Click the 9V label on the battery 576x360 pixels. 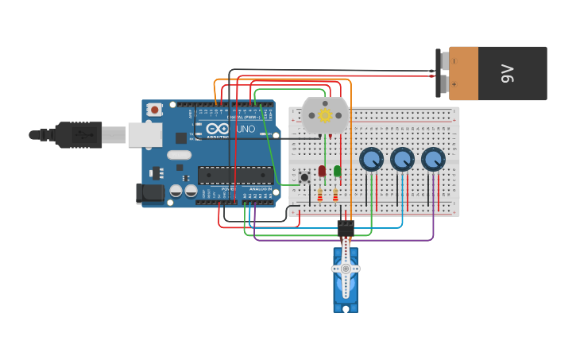click(508, 73)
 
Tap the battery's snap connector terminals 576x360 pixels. click(439, 72)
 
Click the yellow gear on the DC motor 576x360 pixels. click(325, 115)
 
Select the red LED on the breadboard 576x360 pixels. click(322, 171)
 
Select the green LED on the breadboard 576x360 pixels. click(338, 171)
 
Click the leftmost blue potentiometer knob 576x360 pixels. click(371, 159)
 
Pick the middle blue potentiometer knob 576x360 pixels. click(402, 159)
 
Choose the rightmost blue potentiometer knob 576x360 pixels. click(433, 159)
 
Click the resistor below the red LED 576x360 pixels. click(320, 194)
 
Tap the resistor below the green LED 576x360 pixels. click(335, 194)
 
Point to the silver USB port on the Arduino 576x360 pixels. click(145, 135)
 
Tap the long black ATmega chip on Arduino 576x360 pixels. click(235, 175)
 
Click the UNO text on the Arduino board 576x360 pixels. click(245, 129)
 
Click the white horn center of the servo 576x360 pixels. click(346, 269)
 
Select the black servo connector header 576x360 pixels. click(346, 229)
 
